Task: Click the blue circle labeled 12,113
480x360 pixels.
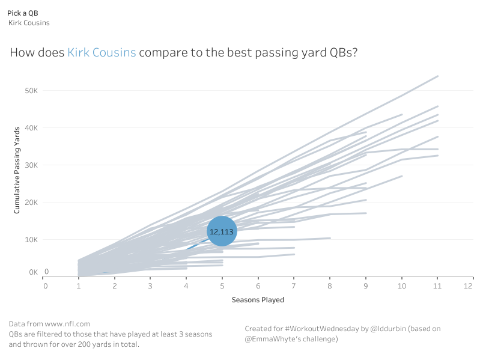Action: pyautogui.click(x=222, y=231)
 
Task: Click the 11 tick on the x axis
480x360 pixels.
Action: pyautogui.click(x=438, y=286)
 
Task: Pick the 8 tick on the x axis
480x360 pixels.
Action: pyautogui.click(x=330, y=286)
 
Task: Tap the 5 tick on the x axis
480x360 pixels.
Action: pyautogui.click(x=222, y=286)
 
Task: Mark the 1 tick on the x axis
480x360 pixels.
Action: pyautogui.click(x=79, y=286)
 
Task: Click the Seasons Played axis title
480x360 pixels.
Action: pyautogui.click(x=258, y=299)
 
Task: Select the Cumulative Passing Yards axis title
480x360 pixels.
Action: pyautogui.click(x=18, y=170)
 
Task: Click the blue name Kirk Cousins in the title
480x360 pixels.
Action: pyautogui.click(x=102, y=52)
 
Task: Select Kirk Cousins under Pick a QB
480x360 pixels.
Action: pyautogui.click(x=29, y=23)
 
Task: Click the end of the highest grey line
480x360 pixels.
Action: pyautogui.click(x=438, y=76)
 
